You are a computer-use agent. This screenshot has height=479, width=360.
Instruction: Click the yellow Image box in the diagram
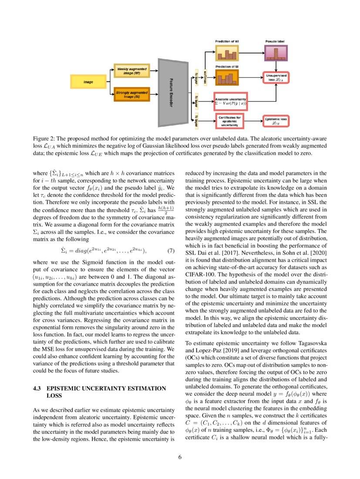[88, 81]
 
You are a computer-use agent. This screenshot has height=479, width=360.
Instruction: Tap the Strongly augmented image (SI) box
[131, 94]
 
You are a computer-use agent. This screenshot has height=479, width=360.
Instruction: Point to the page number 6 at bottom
[180, 457]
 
